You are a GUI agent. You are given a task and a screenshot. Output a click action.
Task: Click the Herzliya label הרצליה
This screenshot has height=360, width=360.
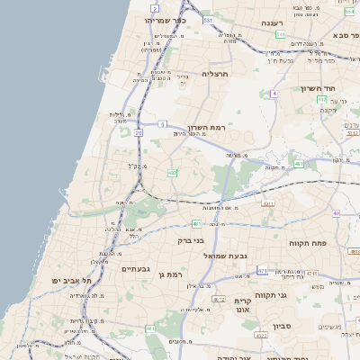click(x=216, y=73)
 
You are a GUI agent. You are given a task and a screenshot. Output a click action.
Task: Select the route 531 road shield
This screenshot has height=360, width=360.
click(x=209, y=19)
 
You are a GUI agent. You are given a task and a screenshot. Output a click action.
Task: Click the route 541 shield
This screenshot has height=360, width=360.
click(x=281, y=34)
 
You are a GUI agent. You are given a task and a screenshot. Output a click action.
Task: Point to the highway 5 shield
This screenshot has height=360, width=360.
click(x=162, y=123)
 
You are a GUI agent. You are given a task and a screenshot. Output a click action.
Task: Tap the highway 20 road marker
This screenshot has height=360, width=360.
click(x=139, y=132)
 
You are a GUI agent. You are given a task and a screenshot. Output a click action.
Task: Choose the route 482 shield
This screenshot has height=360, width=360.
click(x=172, y=173)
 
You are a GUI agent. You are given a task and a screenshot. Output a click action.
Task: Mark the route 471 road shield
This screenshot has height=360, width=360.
click(x=262, y=270)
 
